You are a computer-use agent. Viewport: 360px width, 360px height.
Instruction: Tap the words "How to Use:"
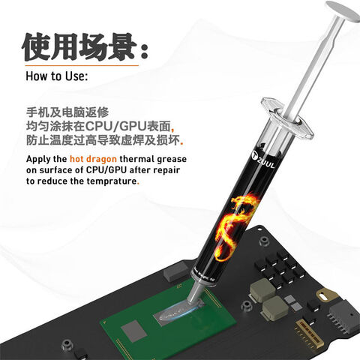(x=57, y=76)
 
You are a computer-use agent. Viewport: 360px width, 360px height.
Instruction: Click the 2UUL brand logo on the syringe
(x=238, y=157)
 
